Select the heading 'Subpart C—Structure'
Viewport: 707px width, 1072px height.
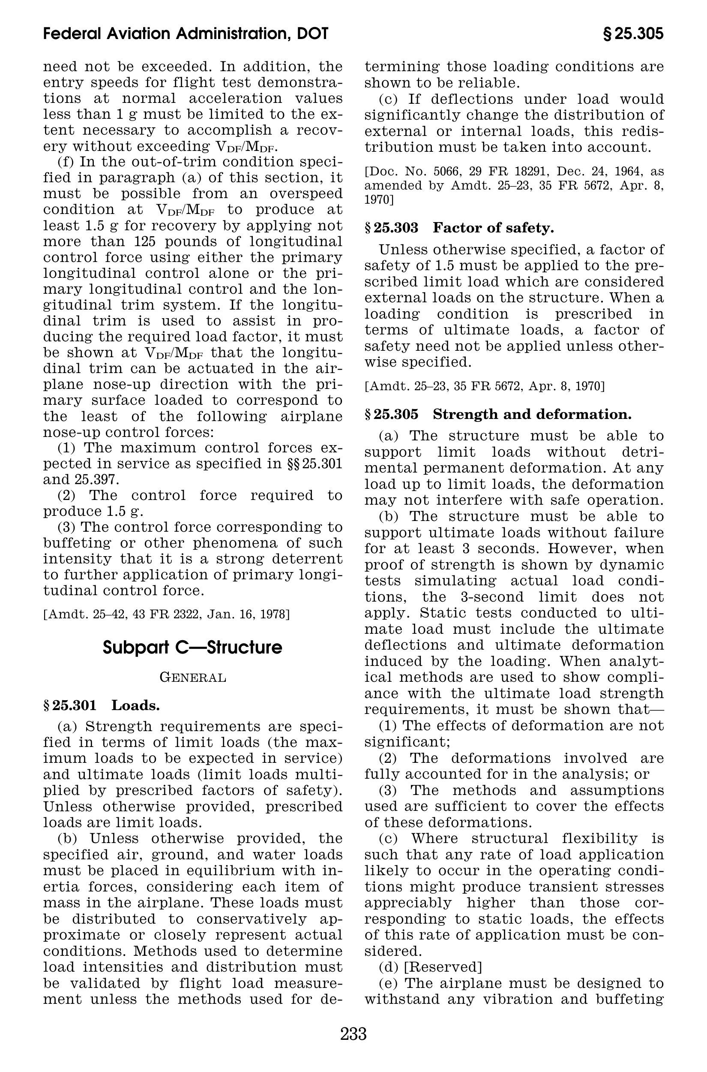coord(192,647)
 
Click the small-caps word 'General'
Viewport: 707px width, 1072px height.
coord(193,678)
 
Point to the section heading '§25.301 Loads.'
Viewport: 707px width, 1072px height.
coord(102,705)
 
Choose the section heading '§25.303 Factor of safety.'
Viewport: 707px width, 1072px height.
coord(459,228)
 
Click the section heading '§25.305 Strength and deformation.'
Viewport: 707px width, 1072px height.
coord(498,414)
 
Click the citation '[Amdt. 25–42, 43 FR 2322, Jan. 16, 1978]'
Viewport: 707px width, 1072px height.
coord(166,614)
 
